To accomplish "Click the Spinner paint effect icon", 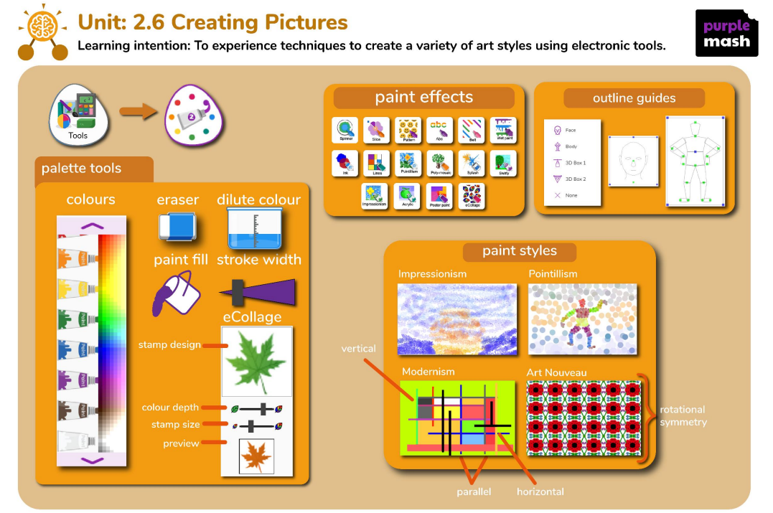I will pos(345,130).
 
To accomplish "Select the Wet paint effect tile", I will pos(503,130).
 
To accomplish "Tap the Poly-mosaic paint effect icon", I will pos(440,163).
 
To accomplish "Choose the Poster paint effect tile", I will pos(440,195).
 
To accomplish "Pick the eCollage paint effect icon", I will pos(472,195).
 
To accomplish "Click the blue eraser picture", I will pos(177,227).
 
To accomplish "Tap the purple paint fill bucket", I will pos(172,293).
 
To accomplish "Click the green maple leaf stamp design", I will pos(256,362).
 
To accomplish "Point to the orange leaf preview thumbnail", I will pos(256,456).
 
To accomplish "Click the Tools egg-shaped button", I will pos(78,118).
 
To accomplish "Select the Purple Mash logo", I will pos(726,33).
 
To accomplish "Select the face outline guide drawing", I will pos(633,161).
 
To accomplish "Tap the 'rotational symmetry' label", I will pos(683,415).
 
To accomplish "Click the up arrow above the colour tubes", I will pos(91,226).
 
